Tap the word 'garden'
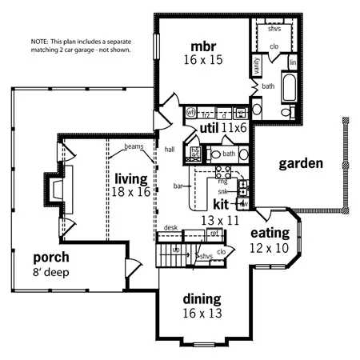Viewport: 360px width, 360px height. coord(300,164)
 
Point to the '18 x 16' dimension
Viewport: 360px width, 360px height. coord(130,192)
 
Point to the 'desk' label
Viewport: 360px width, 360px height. coord(170,228)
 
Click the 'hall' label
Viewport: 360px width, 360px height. coord(170,149)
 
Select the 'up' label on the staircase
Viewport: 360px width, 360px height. coord(176,250)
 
